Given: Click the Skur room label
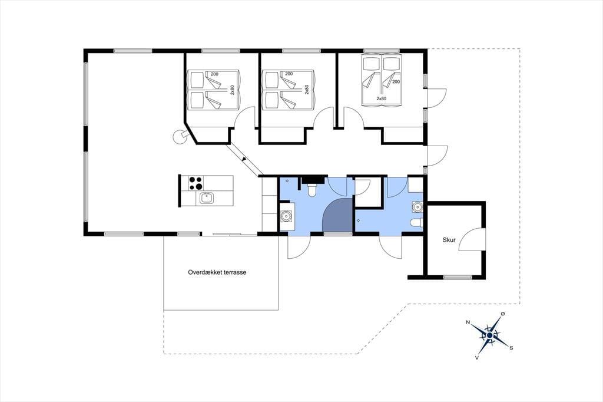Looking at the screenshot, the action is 449,240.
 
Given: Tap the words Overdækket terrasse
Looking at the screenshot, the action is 217,272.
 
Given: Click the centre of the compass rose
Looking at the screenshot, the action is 489,335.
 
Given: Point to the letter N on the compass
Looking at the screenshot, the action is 468,322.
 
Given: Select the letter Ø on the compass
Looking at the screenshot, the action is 502,314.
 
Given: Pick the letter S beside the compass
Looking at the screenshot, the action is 511,348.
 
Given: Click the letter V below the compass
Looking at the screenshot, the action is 477,357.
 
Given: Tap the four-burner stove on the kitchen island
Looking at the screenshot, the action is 196,183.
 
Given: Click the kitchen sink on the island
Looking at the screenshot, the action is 207,198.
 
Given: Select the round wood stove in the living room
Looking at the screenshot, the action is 179,137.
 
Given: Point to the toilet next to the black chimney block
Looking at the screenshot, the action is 312,189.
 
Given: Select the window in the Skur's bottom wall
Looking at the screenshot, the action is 457,277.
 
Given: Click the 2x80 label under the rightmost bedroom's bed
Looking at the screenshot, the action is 381,98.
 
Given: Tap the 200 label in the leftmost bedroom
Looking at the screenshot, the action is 214,74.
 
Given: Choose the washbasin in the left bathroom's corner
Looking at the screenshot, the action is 286,216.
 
